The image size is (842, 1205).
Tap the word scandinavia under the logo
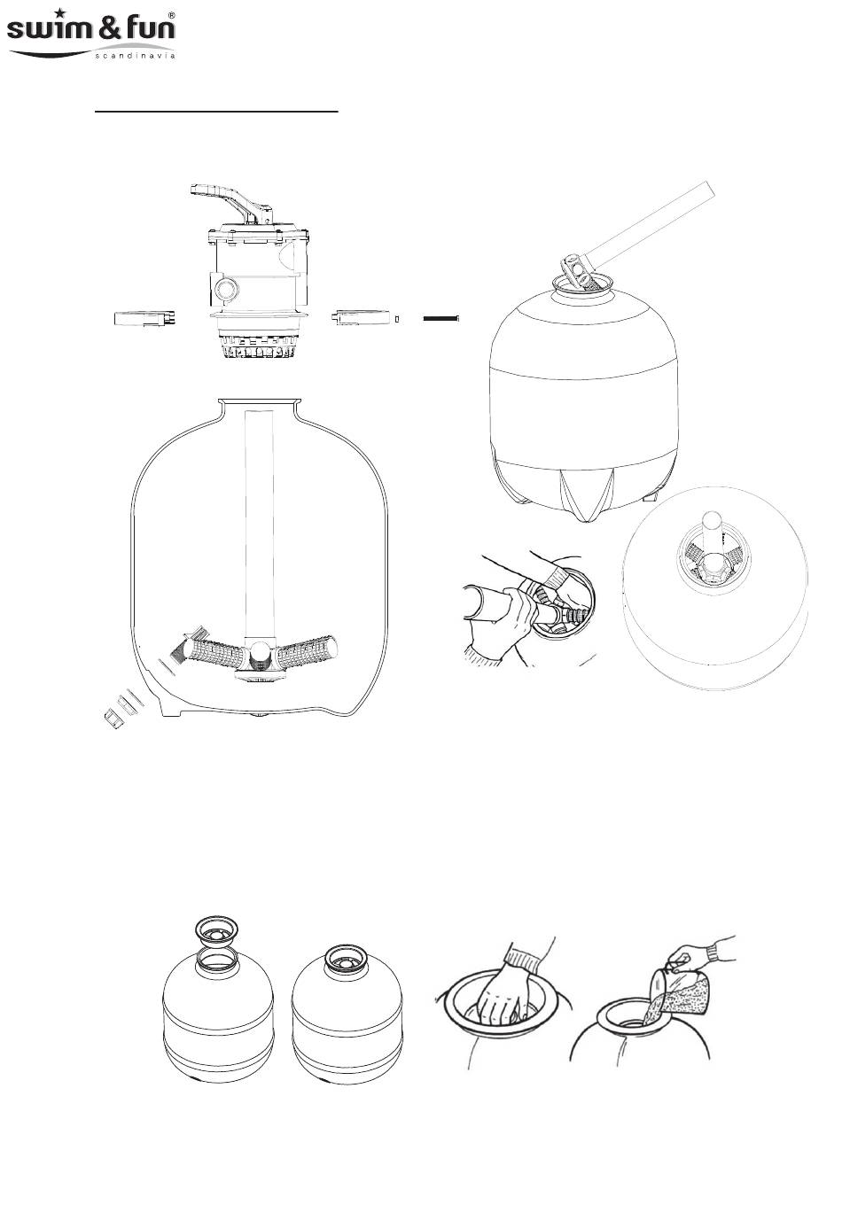(135, 55)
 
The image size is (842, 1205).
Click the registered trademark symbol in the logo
(171, 16)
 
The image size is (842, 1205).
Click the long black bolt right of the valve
(440, 318)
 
